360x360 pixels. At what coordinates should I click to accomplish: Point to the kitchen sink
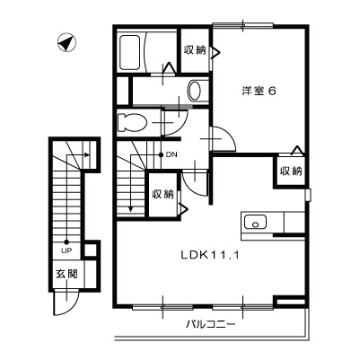tap(252, 221)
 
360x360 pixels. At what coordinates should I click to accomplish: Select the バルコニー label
tap(211, 324)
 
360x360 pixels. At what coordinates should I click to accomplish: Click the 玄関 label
tap(59, 273)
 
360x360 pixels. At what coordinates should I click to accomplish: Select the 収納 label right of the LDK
tap(289, 171)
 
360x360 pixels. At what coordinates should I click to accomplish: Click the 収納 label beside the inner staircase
tap(162, 194)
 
